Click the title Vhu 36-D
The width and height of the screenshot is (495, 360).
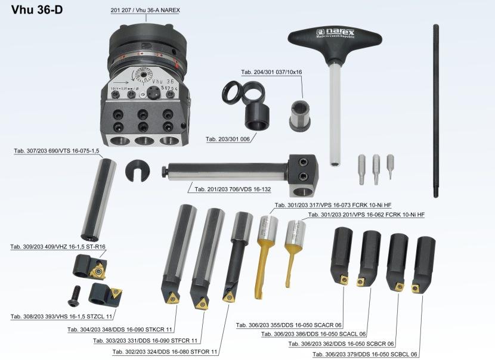(x=37, y=10)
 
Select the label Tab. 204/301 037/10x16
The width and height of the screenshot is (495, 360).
(x=271, y=72)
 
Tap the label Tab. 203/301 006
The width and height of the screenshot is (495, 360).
(x=228, y=139)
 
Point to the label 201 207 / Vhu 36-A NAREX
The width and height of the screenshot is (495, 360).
(x=145, y=10)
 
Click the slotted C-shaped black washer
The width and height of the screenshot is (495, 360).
(x=138, y=170)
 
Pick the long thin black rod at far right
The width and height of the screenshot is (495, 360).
(x=435, y=111)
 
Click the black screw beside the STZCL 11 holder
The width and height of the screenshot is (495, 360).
(x=75, y=296)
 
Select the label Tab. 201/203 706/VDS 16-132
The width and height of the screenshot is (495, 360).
(x=233, y=190)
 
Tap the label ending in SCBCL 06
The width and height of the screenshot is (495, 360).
(x=365, y=354)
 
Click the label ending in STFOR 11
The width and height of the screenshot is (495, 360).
(x=165, y=352)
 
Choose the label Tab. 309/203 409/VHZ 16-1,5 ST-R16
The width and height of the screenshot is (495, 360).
(x=58, y=246)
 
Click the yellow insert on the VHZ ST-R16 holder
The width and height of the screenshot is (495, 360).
(x=98, y=269)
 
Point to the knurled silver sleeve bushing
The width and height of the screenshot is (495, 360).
(x=299, y=116)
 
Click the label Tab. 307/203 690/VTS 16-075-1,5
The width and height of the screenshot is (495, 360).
(x=57, y=151)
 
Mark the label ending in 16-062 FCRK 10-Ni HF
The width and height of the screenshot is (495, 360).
(x=367, y=215)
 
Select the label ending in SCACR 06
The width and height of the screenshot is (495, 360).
(x=289, y=325)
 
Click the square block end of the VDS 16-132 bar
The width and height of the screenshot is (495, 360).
(x=302, y=175)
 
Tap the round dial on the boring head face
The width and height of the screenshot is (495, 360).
(x=144, y=75)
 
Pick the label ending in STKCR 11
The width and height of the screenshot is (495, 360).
(x=120, y=330)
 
